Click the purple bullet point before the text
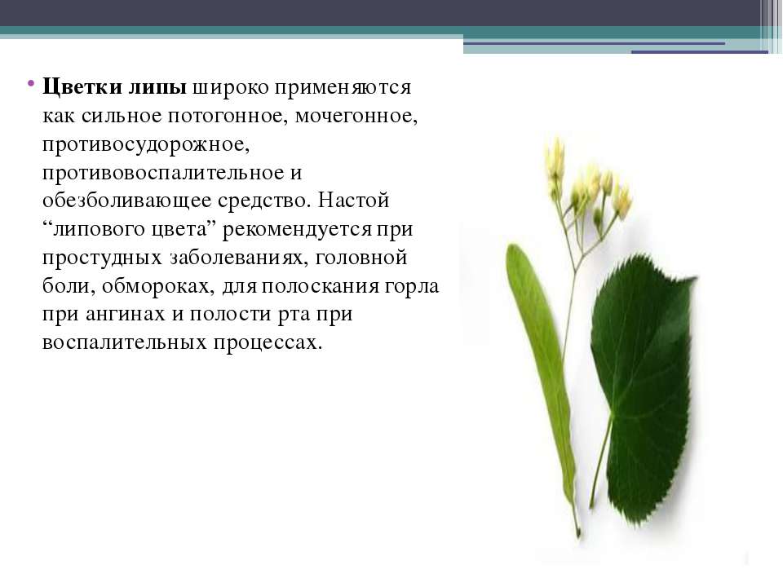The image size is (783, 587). (31, 82)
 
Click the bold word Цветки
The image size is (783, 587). (82, 87)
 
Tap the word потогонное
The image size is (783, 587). (228, 116)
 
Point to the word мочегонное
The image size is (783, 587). (356, 116)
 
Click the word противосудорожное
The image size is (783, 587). (146, 145)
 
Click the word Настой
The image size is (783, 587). (353, 201)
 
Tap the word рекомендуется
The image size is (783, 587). (297, 230)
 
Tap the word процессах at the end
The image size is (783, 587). (268, 343)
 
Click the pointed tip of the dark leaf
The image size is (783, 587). (694, 278)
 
